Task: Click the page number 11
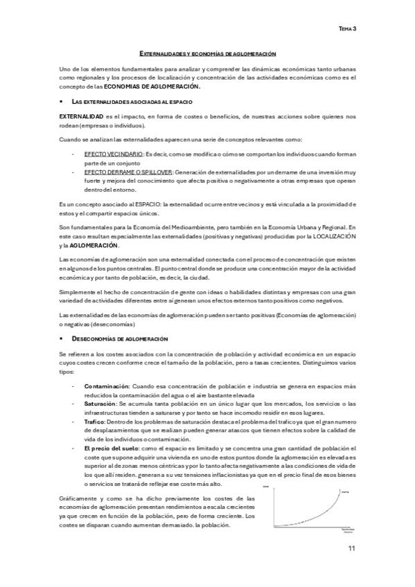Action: point(352,549)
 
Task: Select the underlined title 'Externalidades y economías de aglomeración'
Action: point(208,53)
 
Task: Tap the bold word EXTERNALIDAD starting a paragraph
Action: point(81,117)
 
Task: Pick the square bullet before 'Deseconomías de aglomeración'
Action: point(62,338)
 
